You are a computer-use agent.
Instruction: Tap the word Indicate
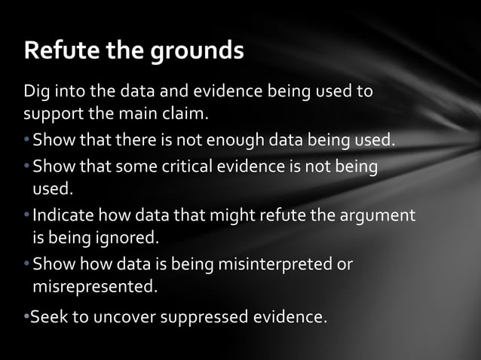point(63,215)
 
